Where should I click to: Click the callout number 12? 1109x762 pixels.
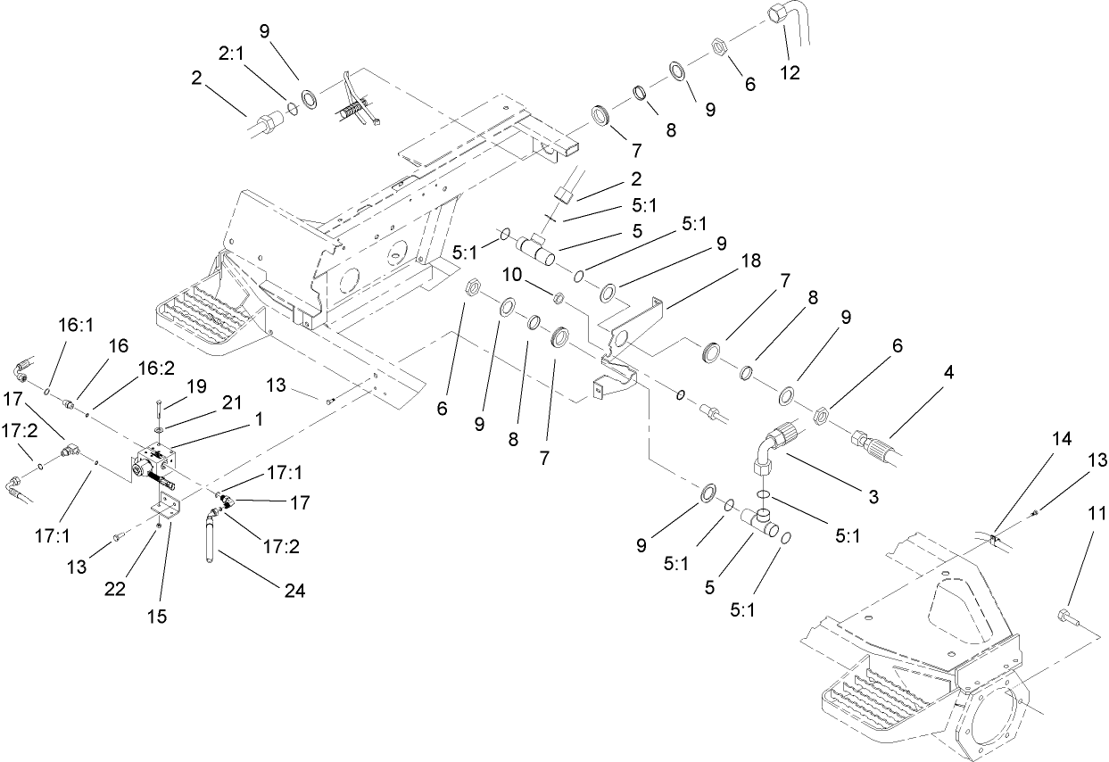point(790,73)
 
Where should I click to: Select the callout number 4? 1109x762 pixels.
point(948,372)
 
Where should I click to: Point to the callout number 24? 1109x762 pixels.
point(294,590)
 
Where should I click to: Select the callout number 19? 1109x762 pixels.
point(197,386)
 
